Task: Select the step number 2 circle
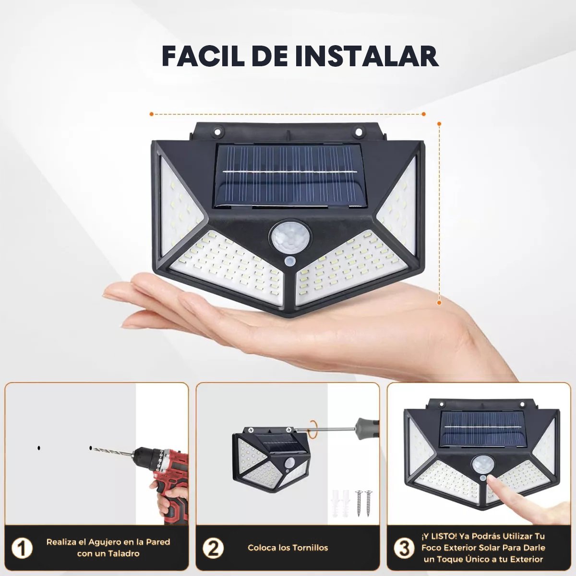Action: coord(213,548)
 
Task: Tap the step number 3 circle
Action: coord(404,548)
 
